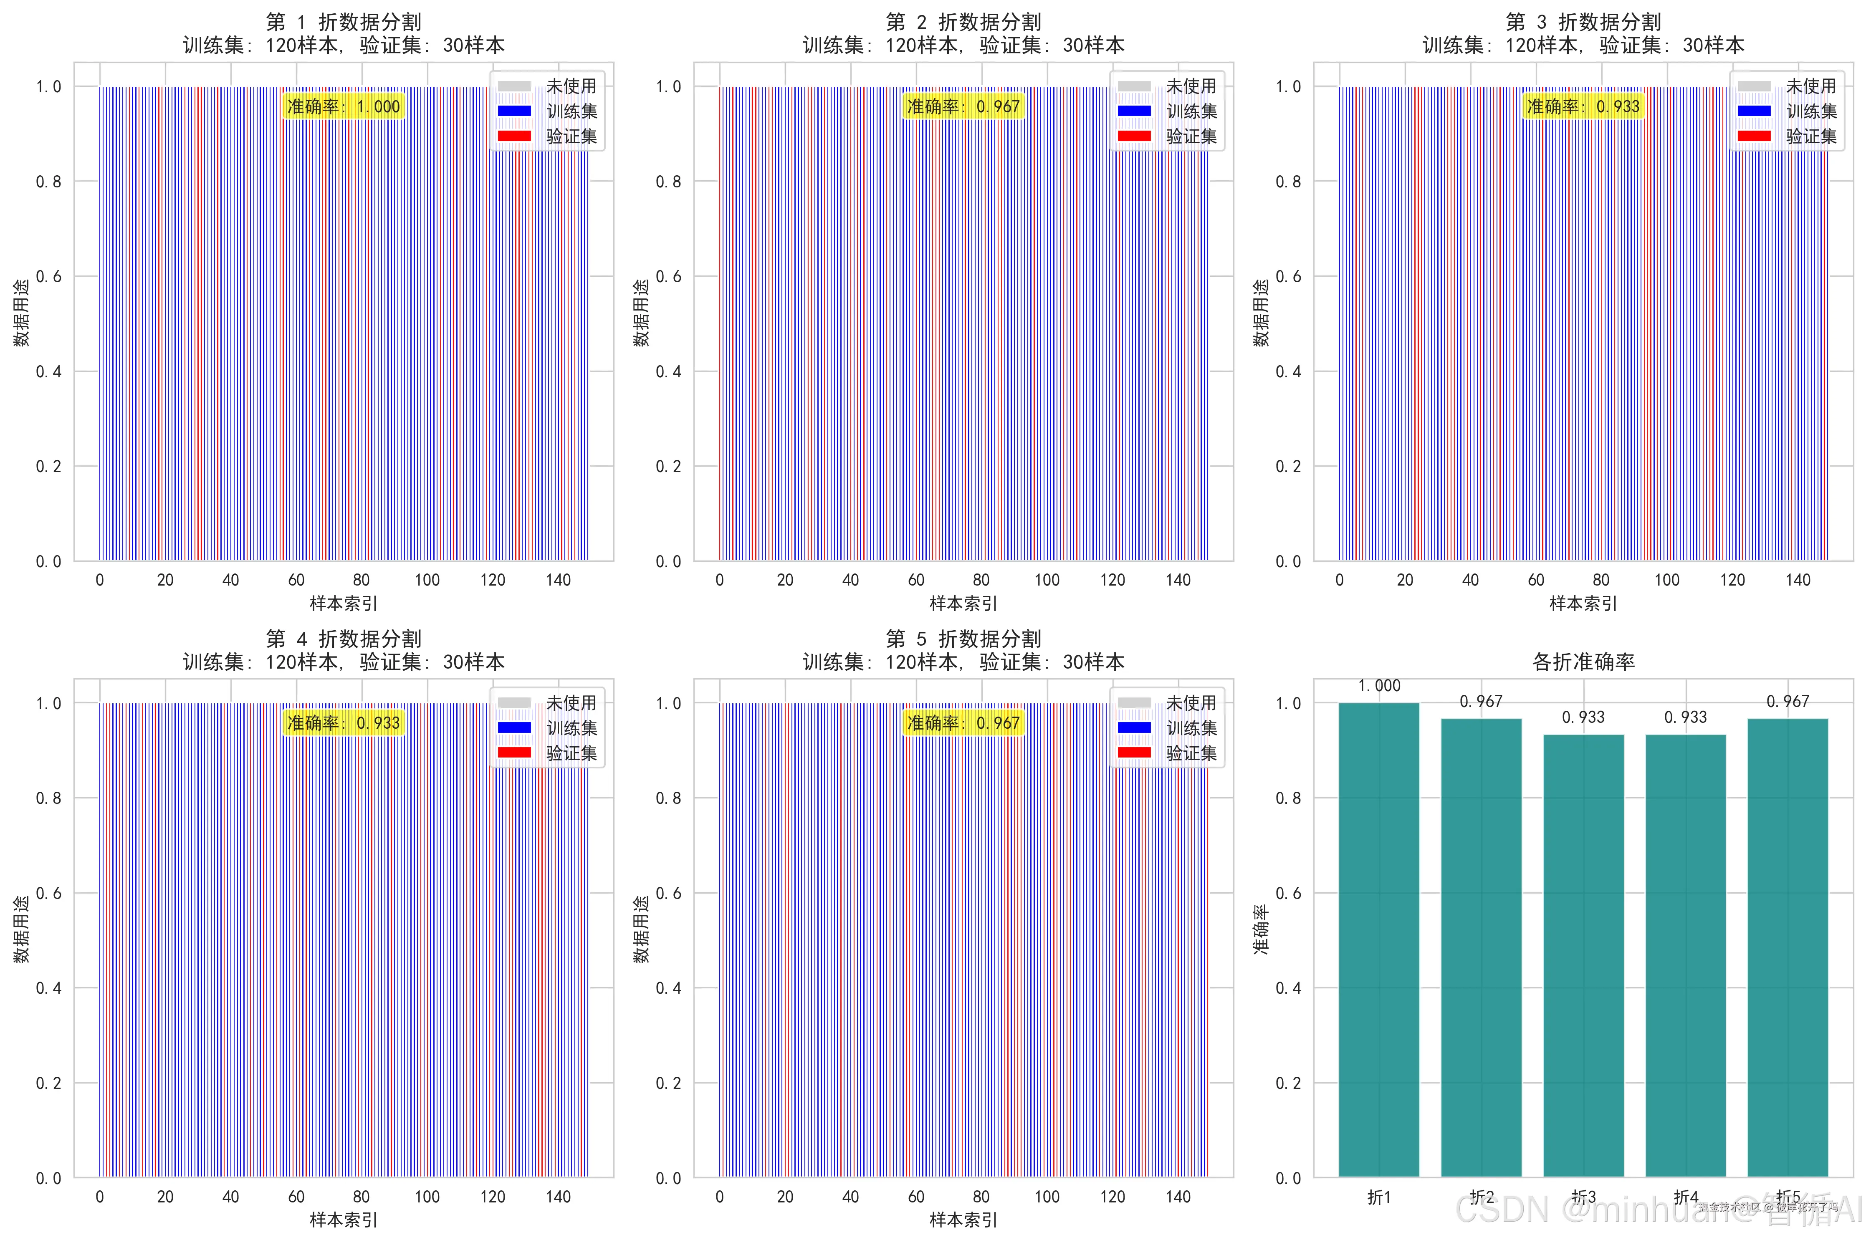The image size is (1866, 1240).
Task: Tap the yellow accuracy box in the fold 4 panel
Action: coord(343,723)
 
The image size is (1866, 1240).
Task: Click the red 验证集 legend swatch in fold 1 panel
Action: coord(514,136)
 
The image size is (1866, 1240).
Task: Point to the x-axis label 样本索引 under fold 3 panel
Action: coord(1583,604)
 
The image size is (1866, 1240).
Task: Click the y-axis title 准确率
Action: coord(1260,929)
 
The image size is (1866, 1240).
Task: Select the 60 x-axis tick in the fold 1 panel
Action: coord(296,580)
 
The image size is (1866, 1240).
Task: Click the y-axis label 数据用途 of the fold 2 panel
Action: coord(641,312)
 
